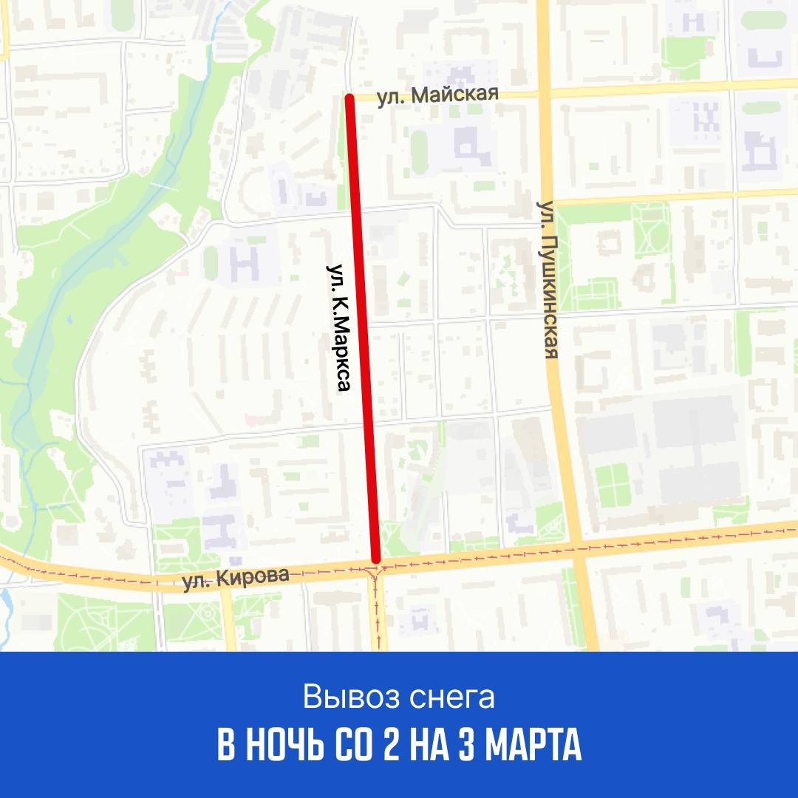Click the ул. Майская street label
(438, 96)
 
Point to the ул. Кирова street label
(236, 579)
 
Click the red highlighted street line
(362, 325)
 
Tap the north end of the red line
(350, 97)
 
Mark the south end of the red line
(376, 559)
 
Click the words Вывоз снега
(398, 698)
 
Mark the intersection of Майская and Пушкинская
(544, 90)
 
